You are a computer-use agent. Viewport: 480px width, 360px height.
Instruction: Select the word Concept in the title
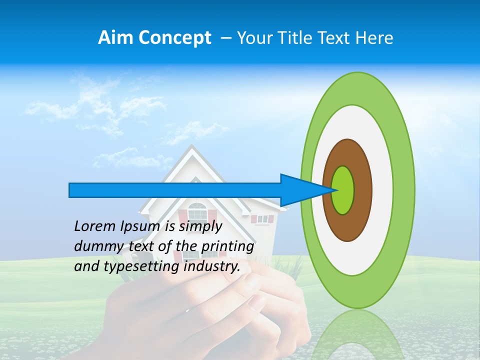tap(175, 38)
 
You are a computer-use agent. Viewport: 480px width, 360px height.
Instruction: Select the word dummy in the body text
tap(94, 246)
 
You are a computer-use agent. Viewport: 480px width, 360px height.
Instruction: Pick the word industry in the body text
tap(212, 266)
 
